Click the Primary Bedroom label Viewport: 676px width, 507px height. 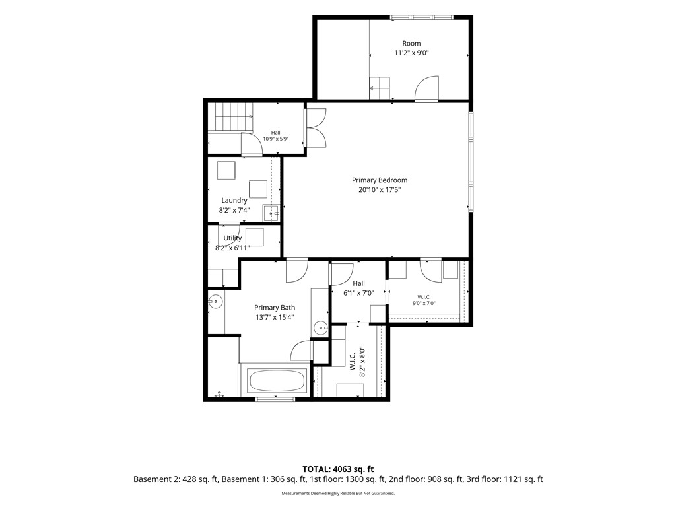coord(380,180)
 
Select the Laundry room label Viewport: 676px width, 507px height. coord(234,201)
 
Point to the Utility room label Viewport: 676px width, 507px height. coord(232,238)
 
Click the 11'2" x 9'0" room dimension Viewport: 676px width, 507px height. coord(411,53)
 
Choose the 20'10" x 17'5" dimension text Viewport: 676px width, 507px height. coord(380,190)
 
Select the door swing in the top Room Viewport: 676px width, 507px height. coord(427,89)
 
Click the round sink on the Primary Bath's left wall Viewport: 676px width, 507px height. coord(215,301)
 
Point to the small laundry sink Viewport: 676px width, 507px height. coord(272,213)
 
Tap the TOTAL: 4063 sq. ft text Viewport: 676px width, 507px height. coord(338,469)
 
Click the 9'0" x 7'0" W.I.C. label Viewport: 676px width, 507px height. coord(424,300)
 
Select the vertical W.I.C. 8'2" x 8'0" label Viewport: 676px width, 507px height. coord(357,362)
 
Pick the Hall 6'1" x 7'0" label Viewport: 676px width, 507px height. coord(358,288)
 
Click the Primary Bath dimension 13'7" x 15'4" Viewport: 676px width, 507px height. coord(275,318)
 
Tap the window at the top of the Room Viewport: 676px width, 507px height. coord(422,17)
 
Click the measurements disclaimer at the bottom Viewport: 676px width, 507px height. coord(338,493)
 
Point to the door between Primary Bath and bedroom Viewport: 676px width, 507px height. coord(296,271)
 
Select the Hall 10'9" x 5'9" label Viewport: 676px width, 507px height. coord(276,136)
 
